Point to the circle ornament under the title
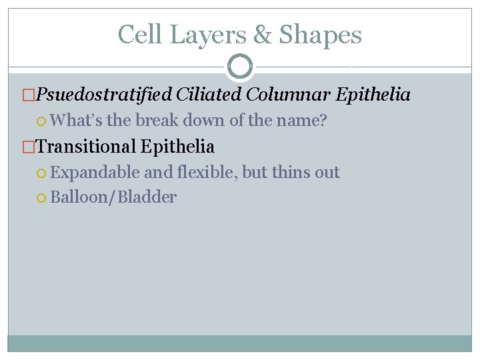[240, 66]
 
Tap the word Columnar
[288, 95]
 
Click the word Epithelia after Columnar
[373, 95]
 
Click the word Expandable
[95, 173]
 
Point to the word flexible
[205, 173]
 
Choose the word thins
[291, 173]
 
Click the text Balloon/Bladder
[113, 197]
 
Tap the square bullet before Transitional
[29, 147]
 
